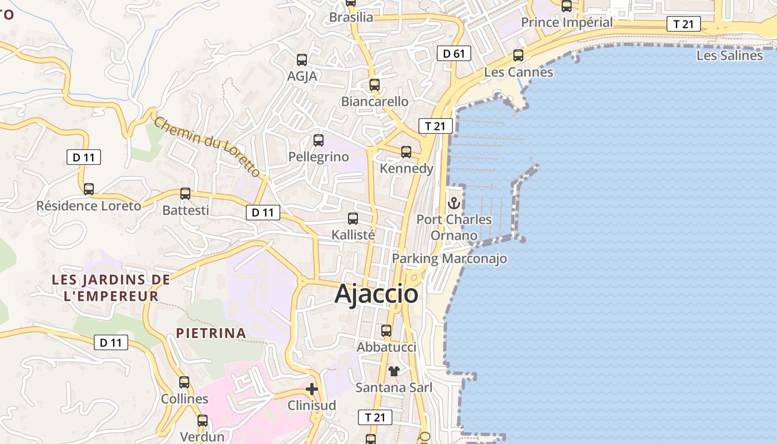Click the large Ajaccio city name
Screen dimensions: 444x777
[x=376, y=294]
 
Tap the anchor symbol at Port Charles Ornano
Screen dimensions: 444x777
[x=454, y=203]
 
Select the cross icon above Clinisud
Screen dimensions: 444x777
[x=312, y=389]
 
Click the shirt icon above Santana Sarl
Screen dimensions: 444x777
[x=394, y=371]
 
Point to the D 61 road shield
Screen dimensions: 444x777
[x=453, y=53]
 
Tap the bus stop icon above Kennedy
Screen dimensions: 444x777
[x=406, y=152]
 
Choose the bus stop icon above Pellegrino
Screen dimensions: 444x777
[x=319, y=140]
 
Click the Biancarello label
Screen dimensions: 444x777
[x=375, y=102]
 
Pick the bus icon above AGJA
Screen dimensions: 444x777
[x=302, y=60]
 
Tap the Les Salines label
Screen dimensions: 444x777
[x=729, y=56]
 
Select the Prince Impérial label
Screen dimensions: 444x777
[x=567, y=23]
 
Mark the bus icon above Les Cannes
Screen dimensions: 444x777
[x=518, y=56]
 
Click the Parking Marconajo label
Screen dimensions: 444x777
[x=449, y=259]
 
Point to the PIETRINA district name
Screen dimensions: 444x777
[x=211, y=333]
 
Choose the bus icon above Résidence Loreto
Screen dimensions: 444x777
[x=89, y=189]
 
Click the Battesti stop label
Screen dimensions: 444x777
[x=185, y=210]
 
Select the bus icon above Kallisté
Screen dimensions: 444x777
[x=353, y=219]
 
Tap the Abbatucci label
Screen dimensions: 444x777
[x=386, y=347]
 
